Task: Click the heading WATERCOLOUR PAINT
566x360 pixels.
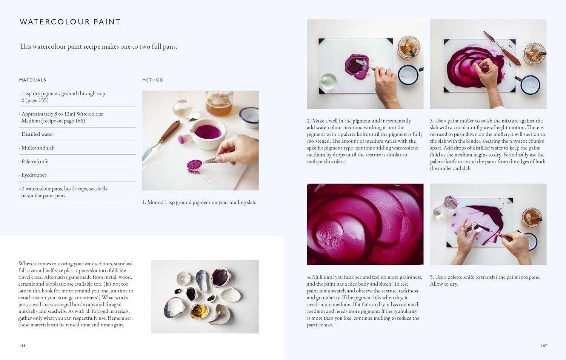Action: click(x=70, y=22)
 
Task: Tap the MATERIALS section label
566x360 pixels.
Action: click(x=32, y=80)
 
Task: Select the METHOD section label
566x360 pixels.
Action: click(x=153, y=80)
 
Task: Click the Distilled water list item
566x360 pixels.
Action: click(x=37, y=134)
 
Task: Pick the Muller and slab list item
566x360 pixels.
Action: click(x=38, y=148)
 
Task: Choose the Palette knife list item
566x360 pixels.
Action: click(x=35, y=162)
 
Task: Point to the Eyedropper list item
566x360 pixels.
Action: click(x=34, y=175)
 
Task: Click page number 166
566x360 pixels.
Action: click(x=23, y=346)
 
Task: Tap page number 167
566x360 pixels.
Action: click(x=544, y=346)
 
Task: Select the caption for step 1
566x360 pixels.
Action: click(x=199, y=203)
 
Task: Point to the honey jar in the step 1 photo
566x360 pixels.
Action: click(x=219, y=103)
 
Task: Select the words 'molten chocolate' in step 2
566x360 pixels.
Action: click(x=326, y=162)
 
